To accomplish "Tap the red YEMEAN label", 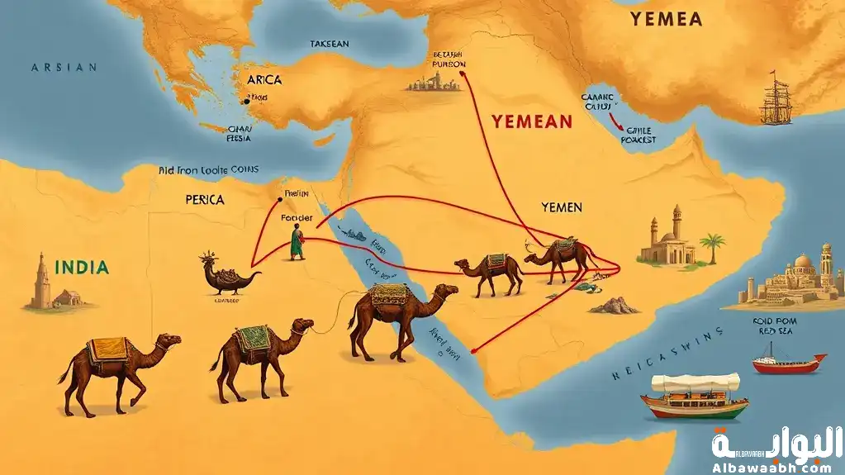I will (x=531, y=121).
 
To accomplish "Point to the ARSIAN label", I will (x=64, y=68).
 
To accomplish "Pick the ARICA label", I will (x=263, y=80).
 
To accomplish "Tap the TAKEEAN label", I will (x=329, y=43).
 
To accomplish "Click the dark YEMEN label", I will (x=562, y=207).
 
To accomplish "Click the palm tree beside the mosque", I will (x=712, y=246).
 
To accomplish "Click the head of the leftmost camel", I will (x=169, y=341).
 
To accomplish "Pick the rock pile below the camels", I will (x=613, y=306).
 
